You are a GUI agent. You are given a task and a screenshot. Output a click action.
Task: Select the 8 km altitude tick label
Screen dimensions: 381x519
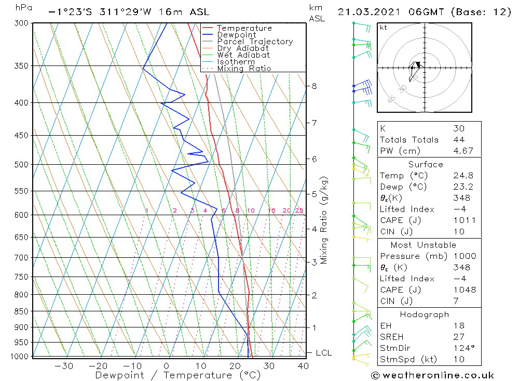[314, 86]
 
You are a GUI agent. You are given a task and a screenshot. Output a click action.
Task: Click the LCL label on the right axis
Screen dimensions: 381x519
[323, 353]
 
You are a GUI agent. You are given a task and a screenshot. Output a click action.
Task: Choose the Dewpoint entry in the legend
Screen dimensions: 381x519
[236, 35]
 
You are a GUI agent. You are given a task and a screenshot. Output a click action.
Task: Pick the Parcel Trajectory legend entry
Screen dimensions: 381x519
[255, 42]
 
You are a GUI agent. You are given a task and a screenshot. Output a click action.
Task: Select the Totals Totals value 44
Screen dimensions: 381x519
[458, 139]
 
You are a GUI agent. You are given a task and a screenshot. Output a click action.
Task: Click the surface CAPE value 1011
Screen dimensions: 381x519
[463, 220]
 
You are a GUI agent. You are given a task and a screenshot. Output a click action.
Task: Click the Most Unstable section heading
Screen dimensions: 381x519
[423, 245]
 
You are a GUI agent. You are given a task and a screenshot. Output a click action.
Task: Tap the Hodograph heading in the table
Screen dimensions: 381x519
[424, 314]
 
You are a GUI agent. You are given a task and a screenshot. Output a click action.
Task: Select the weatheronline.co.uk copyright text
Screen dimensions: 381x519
[432, 375]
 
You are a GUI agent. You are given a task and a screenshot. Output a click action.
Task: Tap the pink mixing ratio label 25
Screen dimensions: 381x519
[299, 211]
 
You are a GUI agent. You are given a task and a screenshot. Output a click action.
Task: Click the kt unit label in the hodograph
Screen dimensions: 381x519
[383, 28]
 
